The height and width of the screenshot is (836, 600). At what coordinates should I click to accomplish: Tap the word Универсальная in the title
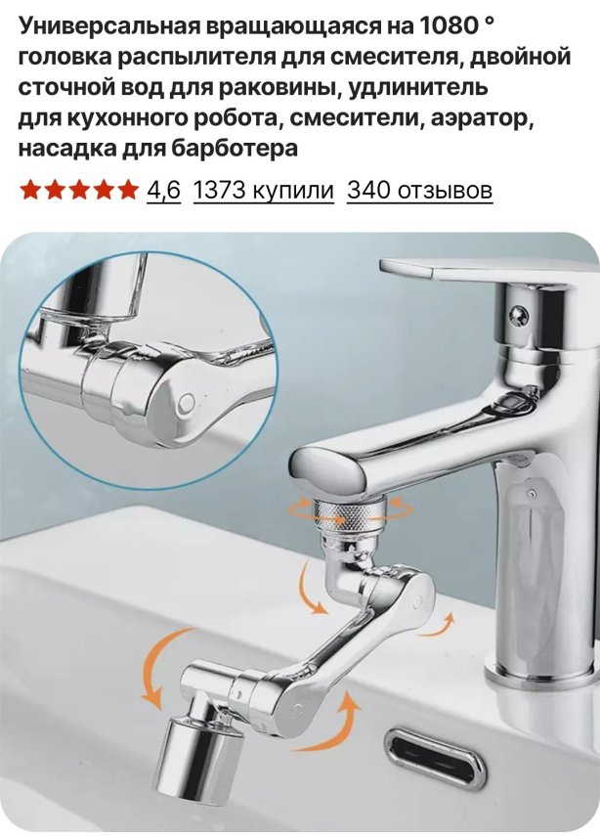tap(111, 26)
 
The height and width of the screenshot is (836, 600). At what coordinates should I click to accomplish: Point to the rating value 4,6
tap(164, 190)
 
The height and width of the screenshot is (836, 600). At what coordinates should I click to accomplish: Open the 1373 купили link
tap(263, 190)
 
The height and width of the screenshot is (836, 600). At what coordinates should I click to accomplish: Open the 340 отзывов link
tap(420, 190)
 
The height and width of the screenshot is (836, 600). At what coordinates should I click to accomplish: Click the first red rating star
tap(30, 190)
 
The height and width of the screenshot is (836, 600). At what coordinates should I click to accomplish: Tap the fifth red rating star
tap(127, 190)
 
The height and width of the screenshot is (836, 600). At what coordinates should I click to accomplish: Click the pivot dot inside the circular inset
tap(187, 402)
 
